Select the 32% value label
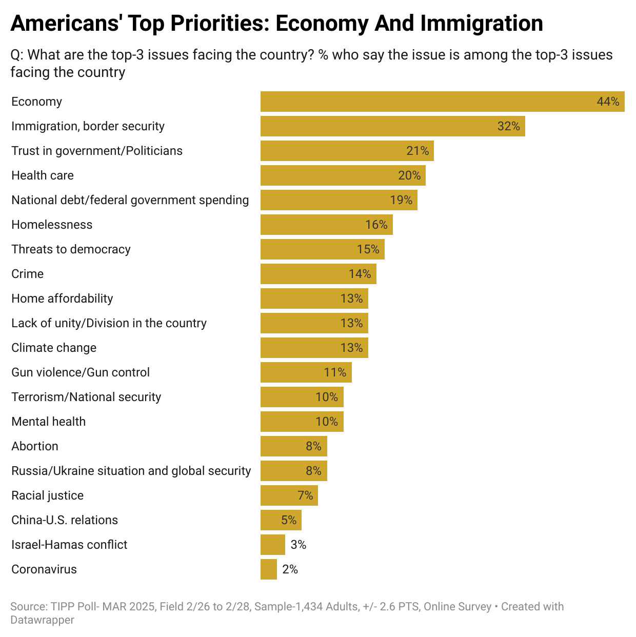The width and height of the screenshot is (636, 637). click(508, 126)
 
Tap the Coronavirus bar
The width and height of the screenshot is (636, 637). click(268, 569)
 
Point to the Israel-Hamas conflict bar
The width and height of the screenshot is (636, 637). click(272, 545)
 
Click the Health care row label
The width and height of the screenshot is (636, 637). click(43, 175)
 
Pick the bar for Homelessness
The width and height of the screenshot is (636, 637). click(326, 225)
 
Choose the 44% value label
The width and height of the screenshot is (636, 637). click(608, 102)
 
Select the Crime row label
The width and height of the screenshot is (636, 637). click(28, 274)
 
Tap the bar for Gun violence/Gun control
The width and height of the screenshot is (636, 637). click(306, 372)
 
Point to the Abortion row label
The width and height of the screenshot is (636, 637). click(35, 446)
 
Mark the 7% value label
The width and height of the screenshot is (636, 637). click(305, 495)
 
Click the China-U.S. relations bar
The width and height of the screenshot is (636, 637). click(281, 520)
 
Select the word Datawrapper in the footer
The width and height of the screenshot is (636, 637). click(43, 620)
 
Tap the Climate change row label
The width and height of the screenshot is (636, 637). click(54, 348)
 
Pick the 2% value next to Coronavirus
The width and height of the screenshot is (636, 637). click(290, 569)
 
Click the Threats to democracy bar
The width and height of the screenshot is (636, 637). click(322, 249)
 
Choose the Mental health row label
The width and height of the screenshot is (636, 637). click(49, 422)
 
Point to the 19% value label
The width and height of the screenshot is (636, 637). click(401, 200)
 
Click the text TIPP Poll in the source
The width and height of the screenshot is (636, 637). click(74, 607)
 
